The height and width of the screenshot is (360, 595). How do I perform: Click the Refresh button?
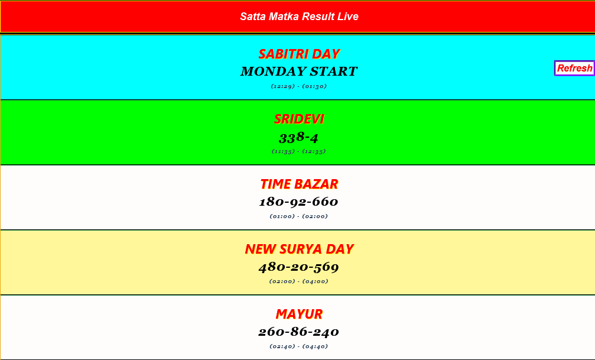(x=574, y=68)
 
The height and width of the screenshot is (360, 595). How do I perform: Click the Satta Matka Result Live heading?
(x=299, y=17)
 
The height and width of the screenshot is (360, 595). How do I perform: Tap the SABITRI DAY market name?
(x=299, y=54)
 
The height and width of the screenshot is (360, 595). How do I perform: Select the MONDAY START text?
(x=299, y=72)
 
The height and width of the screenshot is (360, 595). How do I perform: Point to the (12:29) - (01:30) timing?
(x=299, y=86)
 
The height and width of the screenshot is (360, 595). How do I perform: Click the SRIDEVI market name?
(x=299, y=119)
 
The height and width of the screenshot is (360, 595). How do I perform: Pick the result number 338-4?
(x=299, y=138)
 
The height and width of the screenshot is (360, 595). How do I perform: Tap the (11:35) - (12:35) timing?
(x=299, y=151)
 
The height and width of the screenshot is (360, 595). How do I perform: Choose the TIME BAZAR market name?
(x=299, y=184)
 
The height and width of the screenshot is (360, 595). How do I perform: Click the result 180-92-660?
(x=299, y=202)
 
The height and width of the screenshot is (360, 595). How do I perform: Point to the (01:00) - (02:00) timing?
(x=299, y=216)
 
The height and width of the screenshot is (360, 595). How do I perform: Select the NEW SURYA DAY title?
(x=299, y=249)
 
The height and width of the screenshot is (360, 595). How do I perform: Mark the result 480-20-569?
(x=299, y=267)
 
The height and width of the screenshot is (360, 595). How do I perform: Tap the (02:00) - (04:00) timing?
(x=299, y=281)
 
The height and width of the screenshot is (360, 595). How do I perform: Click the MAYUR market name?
(x=299, y=314)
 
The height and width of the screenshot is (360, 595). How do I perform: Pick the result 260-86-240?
(x=299, y=332)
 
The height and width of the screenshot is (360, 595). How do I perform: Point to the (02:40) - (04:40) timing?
(x=299, y=346)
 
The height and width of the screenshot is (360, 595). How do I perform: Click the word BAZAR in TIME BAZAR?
(x=316, y=184)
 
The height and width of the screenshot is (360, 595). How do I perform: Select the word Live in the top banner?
(x=348, y=17)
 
